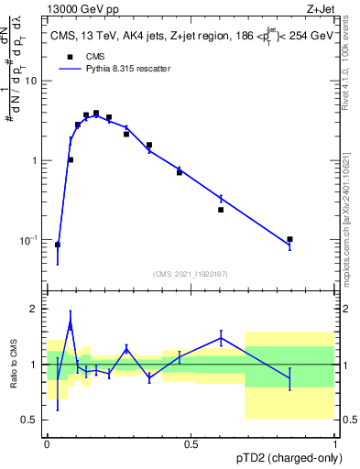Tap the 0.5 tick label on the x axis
point(191,443)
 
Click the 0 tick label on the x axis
point(47,443)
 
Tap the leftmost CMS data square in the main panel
point(58,245)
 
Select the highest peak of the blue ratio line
point(71,323)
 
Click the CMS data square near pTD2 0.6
point(221,210)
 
